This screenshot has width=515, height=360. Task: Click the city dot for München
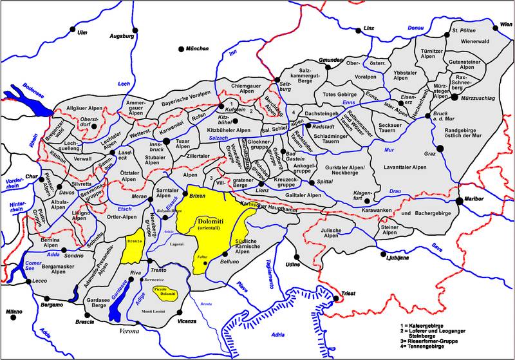coord(181,49)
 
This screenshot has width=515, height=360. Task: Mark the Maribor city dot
coord(459,201)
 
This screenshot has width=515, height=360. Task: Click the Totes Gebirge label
coord(339,95)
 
